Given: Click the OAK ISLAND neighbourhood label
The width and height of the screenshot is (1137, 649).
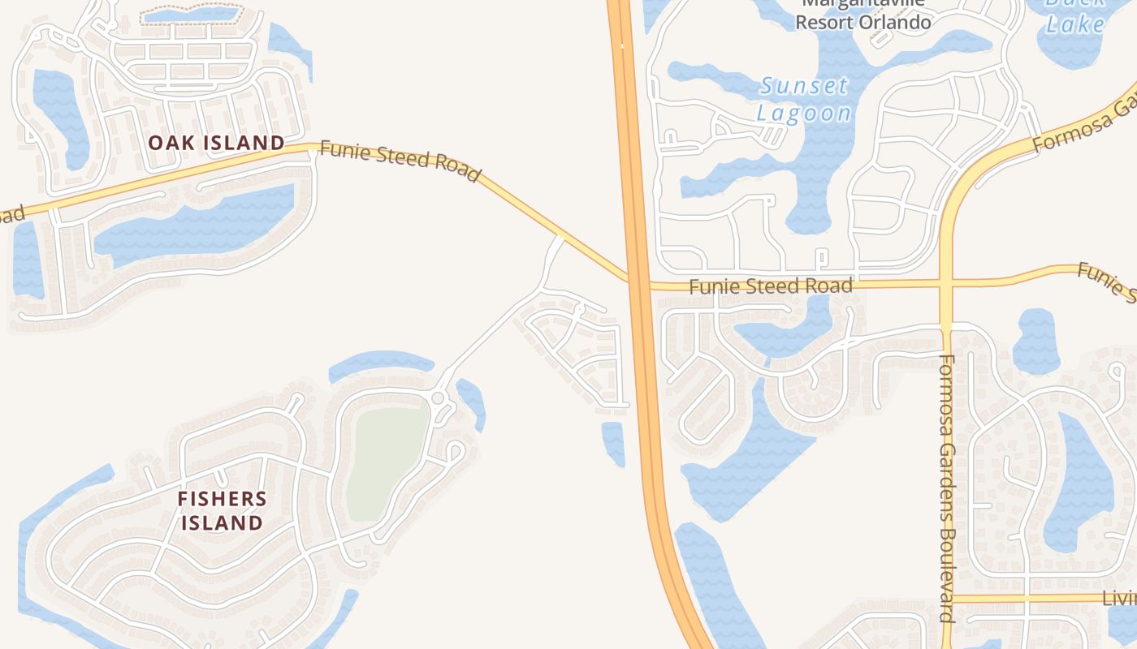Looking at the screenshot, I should tap(216, 144).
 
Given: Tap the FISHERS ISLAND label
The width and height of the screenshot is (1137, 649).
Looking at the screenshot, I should tap(222, 510).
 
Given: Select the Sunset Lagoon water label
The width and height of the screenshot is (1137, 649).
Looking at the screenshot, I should tap(804, 99).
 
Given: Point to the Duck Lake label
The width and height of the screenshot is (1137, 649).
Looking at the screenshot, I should tap(1075, 15).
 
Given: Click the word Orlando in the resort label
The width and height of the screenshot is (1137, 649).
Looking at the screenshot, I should tap(894, 22).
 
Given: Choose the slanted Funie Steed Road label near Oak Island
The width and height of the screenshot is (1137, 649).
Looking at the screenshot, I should tap(400, 160).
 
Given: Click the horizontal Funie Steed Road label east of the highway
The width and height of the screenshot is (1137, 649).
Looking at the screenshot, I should tap(771, 286).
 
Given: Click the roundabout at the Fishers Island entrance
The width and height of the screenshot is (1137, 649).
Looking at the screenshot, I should tap(439, 398).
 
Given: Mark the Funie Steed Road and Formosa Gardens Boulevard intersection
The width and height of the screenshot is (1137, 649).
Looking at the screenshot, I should tap(945, 283).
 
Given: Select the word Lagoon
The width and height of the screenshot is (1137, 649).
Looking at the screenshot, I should tap(804, 112).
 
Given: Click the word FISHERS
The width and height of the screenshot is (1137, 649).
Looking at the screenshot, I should tap(222, 499).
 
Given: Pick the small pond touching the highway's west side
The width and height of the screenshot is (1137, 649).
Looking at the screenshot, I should tap(613, 442).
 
